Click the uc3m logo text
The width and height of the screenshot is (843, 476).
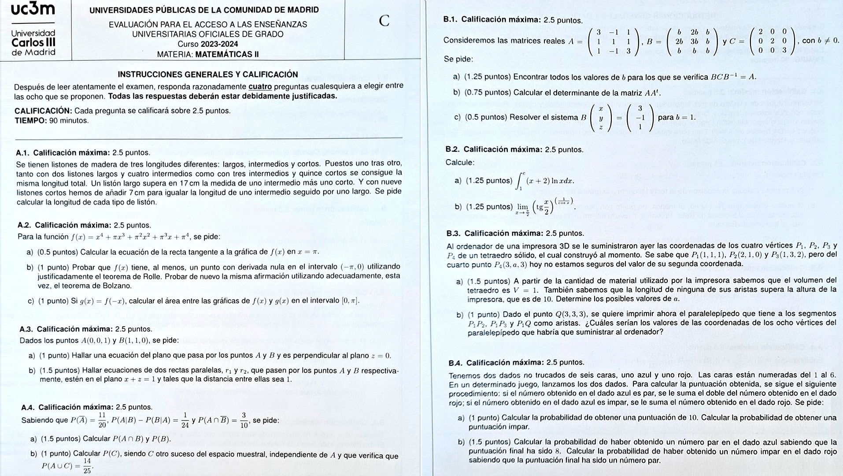pyautogui.click(x=33, y=9)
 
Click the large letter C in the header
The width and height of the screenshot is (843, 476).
pyautogui.click(x=384, y=20)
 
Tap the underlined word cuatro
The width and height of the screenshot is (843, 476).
pyautogui.click(x=260, y=86)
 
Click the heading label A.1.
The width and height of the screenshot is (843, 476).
pyautogui.click(x=22, y=153)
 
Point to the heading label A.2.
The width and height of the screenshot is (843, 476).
pyautogui.click(x=24, y=225)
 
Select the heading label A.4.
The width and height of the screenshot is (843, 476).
pyautogui.click(x=28, y=407)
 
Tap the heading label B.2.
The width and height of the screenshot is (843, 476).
pyautogui.click(x=453, y=150)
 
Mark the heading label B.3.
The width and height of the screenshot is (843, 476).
pyautogui.click(x=453, y=234)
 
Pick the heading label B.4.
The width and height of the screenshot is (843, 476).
pyautogui.click(x=455, y=363)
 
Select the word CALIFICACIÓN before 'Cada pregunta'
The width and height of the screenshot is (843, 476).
pyautogui.click(x=43, y=111)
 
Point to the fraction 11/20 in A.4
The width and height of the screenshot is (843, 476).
pyautogui.click(x=102, y=420)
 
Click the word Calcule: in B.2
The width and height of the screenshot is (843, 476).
pyautogui.click(x=460, y=163)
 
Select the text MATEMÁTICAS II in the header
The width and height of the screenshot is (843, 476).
pyautogui.click(x=226, y=55)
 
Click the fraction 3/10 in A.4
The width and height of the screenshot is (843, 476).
pyautogui.click(x=243, y=420)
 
